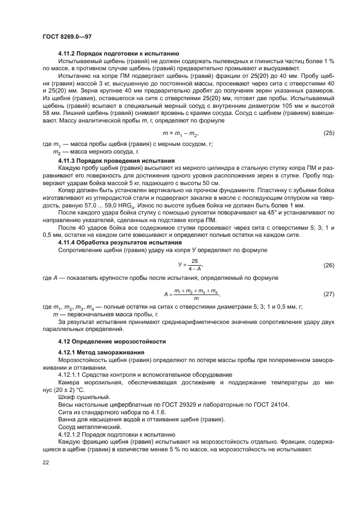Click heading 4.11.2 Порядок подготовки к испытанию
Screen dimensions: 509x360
pyautogui.click(x=115, y=54)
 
